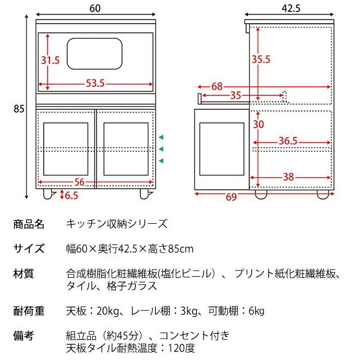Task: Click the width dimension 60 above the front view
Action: [x=95, y=7]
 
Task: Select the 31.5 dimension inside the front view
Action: [x=50, y=60]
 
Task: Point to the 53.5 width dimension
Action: [x=95, y=83]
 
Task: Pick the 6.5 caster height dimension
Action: [x=71, y=196]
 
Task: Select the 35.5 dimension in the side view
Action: [x=261, y=59]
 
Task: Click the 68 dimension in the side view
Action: [x=217, y=87]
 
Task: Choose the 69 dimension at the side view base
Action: [x=231, y=197]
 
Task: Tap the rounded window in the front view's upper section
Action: [x=95, y=53]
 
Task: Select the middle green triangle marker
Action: [x=162, y=148]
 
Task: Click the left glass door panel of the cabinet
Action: [x=66, y=148]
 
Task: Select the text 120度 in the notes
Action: [x=186, y=348]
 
